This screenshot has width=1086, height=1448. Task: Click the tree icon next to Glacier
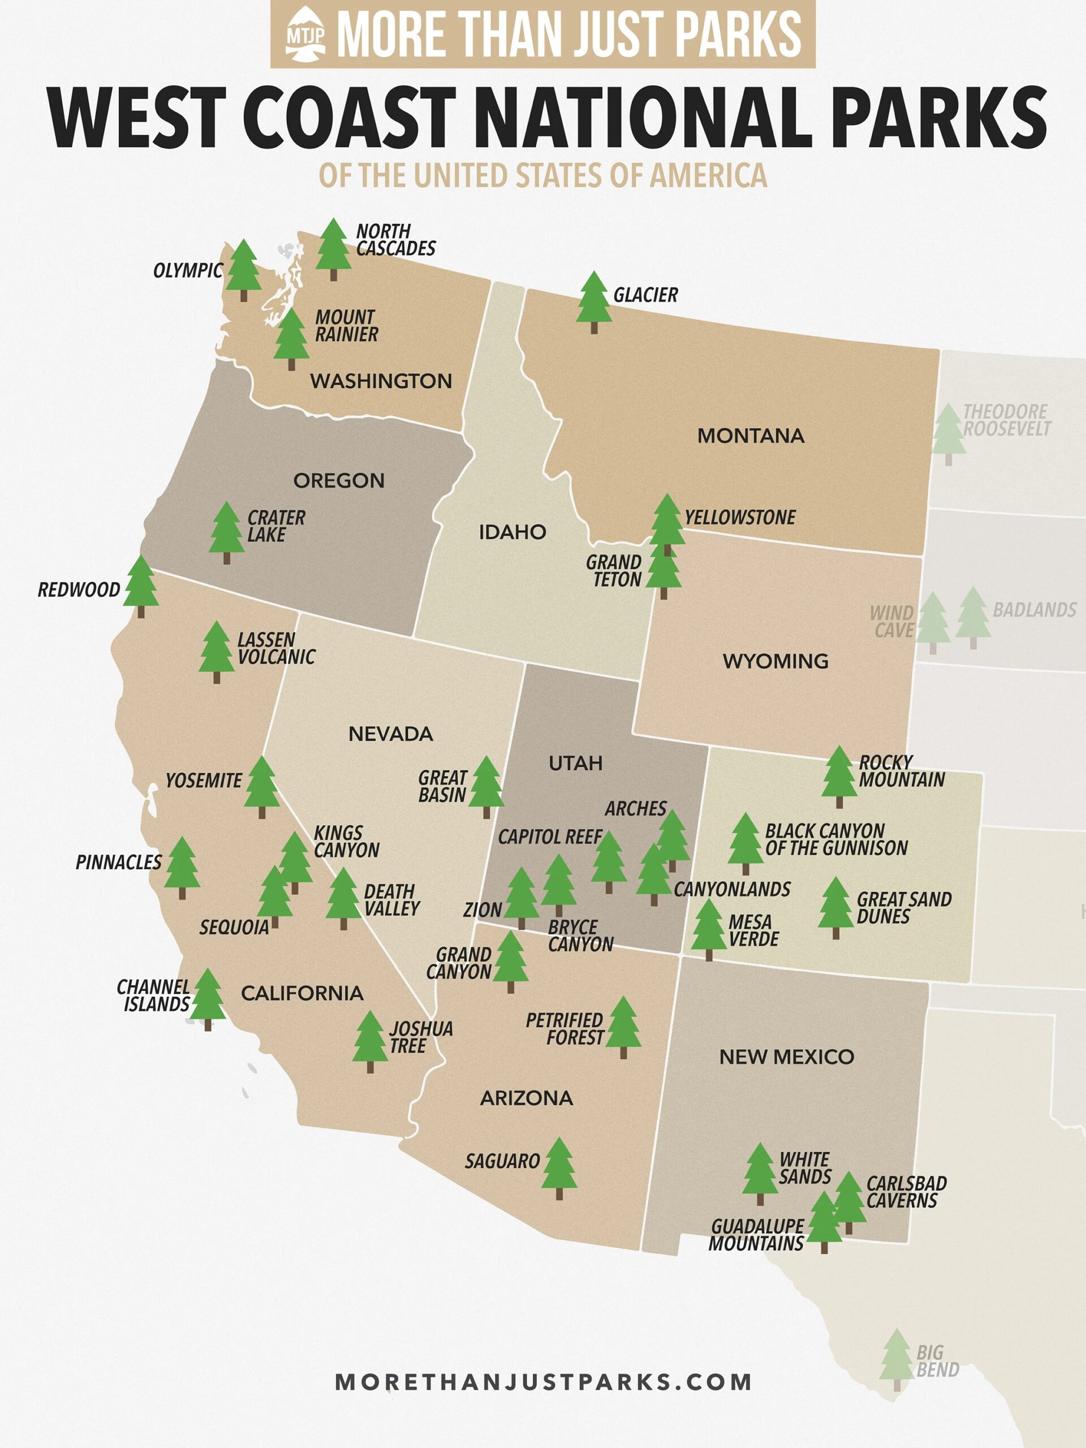tap(594, 300)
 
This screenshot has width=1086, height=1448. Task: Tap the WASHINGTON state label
tap(381, 381)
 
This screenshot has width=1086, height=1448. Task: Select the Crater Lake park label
tap(275, 525)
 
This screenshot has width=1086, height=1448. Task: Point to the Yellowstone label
tap(740, 518)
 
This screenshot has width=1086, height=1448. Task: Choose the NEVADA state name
tap(391, 734)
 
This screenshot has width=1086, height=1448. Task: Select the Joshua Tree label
tap(420, 1037)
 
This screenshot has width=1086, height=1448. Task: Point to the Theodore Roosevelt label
tap(1006, 420)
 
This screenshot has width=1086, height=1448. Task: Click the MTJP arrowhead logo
tap(305, 34)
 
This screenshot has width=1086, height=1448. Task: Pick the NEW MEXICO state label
tap(786, 1057)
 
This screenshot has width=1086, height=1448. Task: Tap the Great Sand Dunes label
tap(903, 908)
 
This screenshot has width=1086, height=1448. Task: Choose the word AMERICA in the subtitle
tap(708, 175)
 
